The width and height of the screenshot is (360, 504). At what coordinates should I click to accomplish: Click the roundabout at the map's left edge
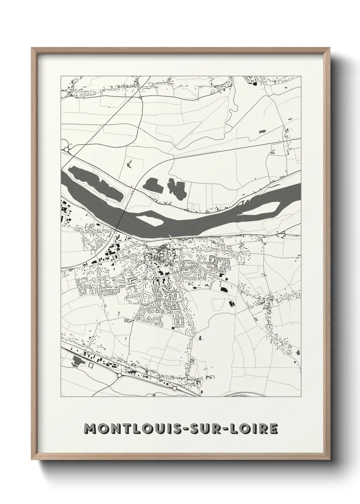point(66,149)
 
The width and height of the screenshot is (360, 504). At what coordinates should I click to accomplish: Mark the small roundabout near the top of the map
point(141,97)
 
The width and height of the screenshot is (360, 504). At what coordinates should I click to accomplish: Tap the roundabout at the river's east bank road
point(283,233)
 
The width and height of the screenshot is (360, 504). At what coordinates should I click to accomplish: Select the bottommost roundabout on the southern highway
point(174,388)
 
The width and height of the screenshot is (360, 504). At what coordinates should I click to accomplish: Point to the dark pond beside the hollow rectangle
point(77,362)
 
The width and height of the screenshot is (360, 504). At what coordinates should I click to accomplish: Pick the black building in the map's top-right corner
point(253,82)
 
